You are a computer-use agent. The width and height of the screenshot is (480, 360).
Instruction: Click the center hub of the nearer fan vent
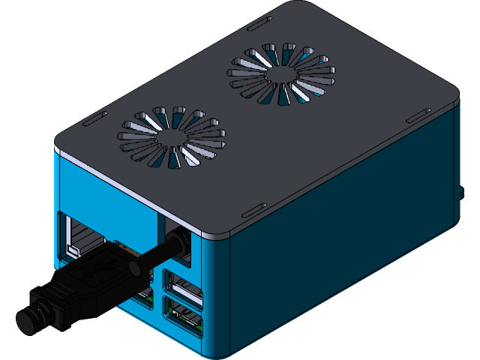(x=172, y=138)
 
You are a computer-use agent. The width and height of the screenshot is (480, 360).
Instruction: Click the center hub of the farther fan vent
(x=280, y=73)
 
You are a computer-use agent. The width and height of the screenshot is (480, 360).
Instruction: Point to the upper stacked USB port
(x=184, y=289)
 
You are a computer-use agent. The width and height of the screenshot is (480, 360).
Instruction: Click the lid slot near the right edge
(x=417, y=115)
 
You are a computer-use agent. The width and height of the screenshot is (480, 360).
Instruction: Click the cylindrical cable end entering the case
(x=178, y=243)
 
